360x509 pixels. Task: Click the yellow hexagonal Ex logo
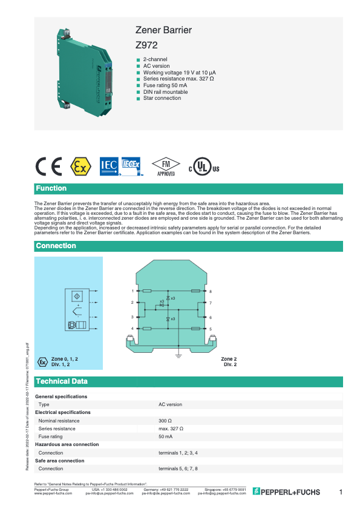click(x=80, y=166)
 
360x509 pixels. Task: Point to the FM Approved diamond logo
click(x=166, y=166)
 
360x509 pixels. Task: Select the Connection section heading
click(x=56, y=246)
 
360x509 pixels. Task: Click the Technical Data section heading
click(x=62, y=381)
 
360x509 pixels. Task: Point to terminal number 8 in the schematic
click(x=210, y=292)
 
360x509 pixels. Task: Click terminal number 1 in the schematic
click(x=132, y=292)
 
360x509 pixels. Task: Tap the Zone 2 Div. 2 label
click(x=229, y=362)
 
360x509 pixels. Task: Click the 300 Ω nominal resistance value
click(x=166, y=420)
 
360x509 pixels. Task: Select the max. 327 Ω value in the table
click(x=171, y=429)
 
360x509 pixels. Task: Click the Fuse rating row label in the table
click(x=50, y=436)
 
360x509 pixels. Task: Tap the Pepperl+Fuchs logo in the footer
click(x=286, y=491)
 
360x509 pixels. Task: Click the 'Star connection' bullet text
click(x=162, y=97)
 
